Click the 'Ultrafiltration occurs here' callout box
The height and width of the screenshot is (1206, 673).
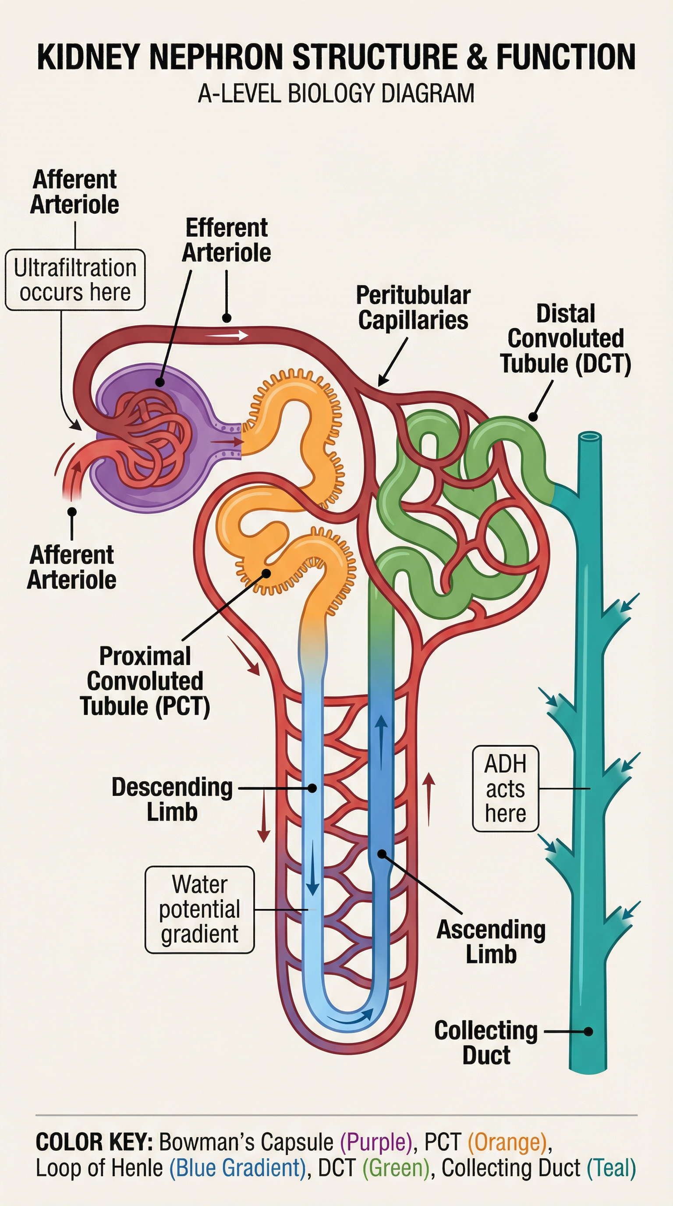pyautogui.click(x=75, y=280)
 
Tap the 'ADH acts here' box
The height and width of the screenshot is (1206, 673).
pyautogui.click(x=506, y=788)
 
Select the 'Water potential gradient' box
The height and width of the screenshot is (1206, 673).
pyautogui.click(x=200, y=909)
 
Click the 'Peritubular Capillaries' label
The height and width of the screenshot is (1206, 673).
pyautogui.click(x=413, y=308)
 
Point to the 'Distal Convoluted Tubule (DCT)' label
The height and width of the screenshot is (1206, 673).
pyautogui.click(x=566, y=338)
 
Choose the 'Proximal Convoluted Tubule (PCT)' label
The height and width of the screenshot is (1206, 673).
pyautogui.click(x=145, y=681)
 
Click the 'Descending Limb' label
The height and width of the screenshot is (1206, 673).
pyautogui.click(x=172, y=799)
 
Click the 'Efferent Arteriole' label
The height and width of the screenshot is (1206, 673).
pyautogui.click(x=227, y=240)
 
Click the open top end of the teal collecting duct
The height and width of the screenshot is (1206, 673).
pyautogui.click(x=590, y=437)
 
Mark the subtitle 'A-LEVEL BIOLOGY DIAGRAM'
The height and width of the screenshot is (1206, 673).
pyautogui.click(x=336, y=93)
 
